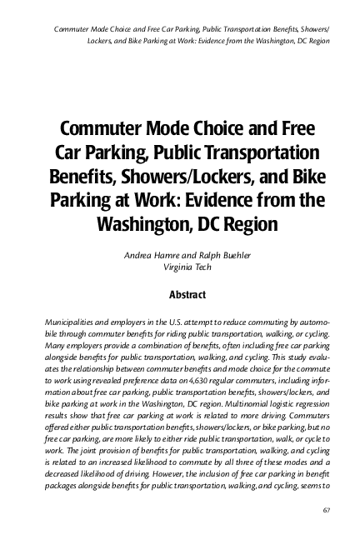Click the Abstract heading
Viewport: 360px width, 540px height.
(181, 294)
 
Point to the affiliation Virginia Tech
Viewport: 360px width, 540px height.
(181, 266)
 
